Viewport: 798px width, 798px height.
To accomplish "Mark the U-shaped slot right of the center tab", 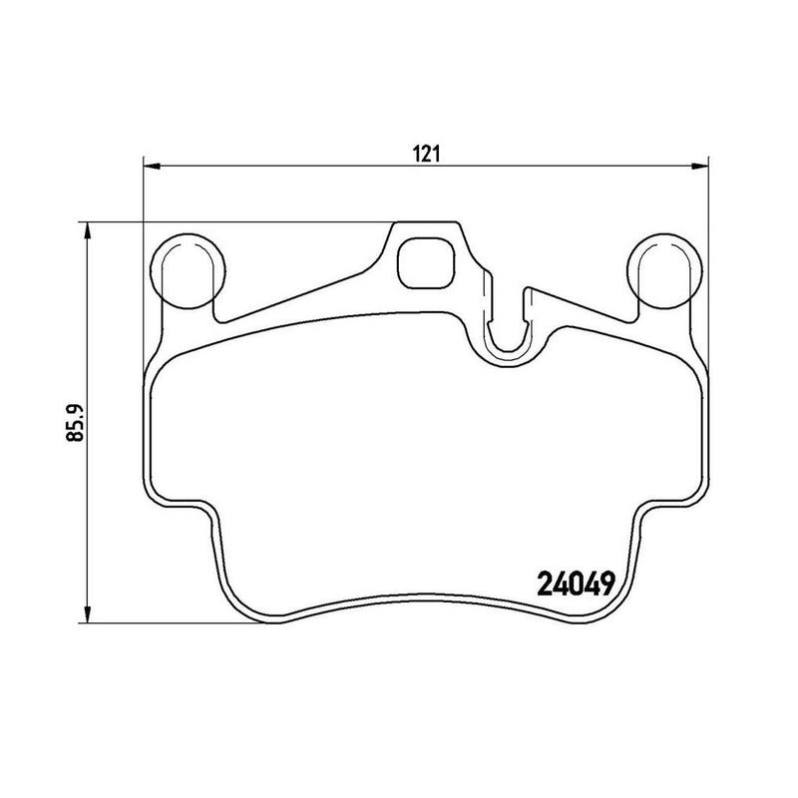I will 509,329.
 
